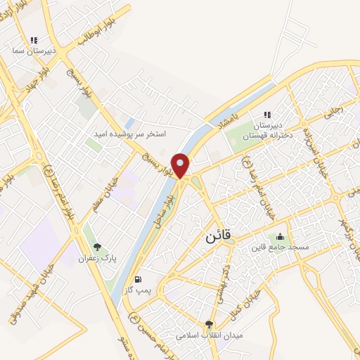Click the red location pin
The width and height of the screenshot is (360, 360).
181,165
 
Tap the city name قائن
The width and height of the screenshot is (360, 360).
219,236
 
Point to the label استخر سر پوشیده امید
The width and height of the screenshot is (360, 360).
131,133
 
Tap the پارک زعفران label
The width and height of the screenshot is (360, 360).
98,258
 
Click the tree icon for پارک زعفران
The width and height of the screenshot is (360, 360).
98,247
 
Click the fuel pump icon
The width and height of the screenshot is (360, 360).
146,278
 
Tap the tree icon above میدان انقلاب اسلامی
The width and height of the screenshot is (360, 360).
208,323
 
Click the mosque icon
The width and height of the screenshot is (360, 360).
281,236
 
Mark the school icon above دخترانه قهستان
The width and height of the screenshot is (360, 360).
266,115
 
